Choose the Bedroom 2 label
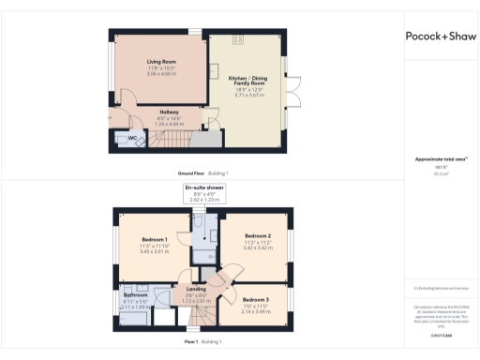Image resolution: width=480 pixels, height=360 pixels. click(x=258, y=235)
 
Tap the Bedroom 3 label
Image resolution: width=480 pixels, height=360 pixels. click(x=256, y=300)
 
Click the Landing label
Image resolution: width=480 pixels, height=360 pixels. click(x=197, y=289)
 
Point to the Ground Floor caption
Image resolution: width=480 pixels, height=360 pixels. click(x=191, y=173)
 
